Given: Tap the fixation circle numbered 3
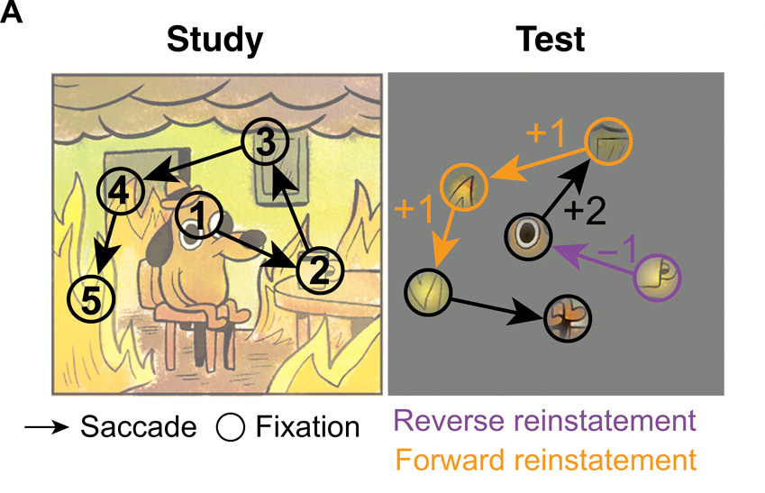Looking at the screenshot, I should [264, 142].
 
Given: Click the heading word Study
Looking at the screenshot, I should [215, 39].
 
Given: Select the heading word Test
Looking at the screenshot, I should [550, 39].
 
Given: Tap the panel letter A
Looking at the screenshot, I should [15, 15].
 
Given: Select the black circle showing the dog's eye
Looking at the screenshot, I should [528, 236].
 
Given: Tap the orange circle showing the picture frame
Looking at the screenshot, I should [609, 142].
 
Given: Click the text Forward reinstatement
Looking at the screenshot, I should [544, 460].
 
